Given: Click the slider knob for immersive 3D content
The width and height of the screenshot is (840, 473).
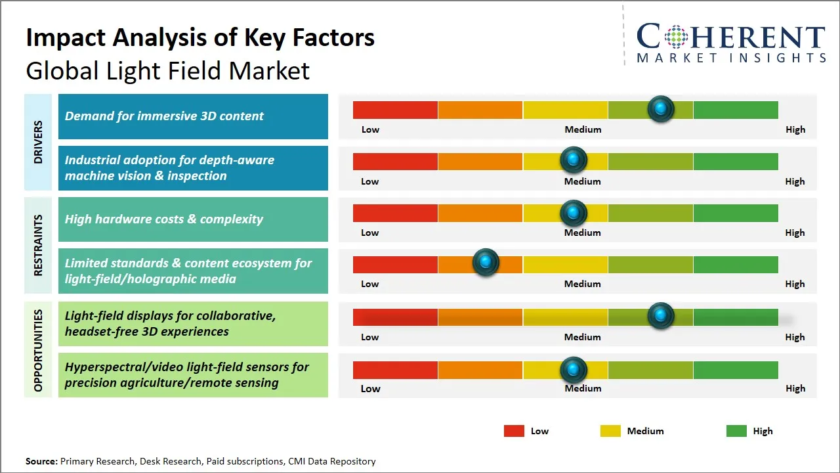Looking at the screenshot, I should pos(661,108).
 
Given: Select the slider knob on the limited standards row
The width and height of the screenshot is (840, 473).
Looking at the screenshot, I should pos(486,263).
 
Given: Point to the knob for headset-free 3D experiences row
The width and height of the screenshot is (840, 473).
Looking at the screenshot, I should pos(661,316).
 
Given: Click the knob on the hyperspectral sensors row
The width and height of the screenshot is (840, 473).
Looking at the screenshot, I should pos(574,370).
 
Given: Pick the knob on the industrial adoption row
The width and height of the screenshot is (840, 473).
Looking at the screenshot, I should pos(574,160).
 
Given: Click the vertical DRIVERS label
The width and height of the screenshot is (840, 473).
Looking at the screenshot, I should pos(38,143).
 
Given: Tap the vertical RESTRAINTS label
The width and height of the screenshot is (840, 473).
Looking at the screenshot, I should pos(38,245).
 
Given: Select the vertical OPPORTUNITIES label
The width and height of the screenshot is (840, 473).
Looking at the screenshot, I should pos(38,351).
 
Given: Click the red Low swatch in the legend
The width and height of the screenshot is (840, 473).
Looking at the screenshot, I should pos(514,431).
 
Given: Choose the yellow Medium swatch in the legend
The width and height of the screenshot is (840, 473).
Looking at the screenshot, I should pos(610,431).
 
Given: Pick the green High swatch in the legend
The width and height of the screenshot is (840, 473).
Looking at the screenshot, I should pos(736,431).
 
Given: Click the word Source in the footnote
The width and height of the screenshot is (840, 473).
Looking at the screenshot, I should pos(41,461).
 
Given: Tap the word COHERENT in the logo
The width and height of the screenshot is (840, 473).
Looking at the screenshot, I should pos(731,37).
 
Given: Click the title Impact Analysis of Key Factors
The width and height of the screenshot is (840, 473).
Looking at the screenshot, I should pos(200,37).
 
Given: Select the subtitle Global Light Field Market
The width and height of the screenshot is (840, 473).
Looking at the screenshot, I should pos(167,70).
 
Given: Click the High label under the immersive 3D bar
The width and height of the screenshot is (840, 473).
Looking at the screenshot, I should pos(795,129).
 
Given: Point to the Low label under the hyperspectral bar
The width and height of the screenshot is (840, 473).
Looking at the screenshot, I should pos(370,388).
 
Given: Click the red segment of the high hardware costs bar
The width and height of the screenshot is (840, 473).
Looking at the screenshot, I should pos(395,213).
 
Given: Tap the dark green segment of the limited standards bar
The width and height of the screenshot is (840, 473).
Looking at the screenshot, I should pos(736,264).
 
